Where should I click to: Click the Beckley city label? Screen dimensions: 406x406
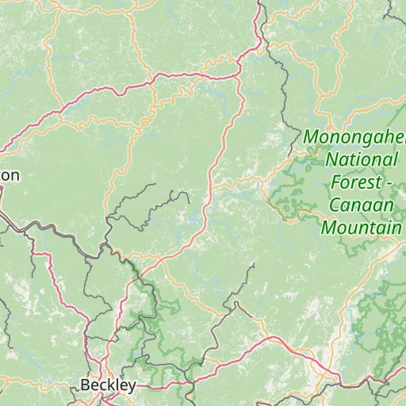pyautogui.click(x=108, y=385)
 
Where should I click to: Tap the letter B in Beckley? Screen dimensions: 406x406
pyautogui.click(x=85, y=385)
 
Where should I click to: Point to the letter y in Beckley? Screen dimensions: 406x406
pyautogui.click(x=132, y=387)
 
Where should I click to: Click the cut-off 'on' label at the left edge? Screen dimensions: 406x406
pyautogui.click(x=10, y=175)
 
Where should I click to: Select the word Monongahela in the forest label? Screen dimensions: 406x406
pyautogui.click(x=354, y=137)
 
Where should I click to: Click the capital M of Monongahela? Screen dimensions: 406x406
pyautogui.click(x=311, y=137)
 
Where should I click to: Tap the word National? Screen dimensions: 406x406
pyautogui.click(x=362, y=159)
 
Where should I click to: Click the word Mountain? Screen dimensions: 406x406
pyautogui.click(x=361, y=228)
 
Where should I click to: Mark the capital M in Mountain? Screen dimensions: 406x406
pyautogui.click(x=327, y=228)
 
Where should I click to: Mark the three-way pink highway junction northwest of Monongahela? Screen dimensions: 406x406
pyautogui.click(x=239, y=75)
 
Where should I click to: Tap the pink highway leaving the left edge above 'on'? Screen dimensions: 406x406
pyautogui.click(x=3, y=148)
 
